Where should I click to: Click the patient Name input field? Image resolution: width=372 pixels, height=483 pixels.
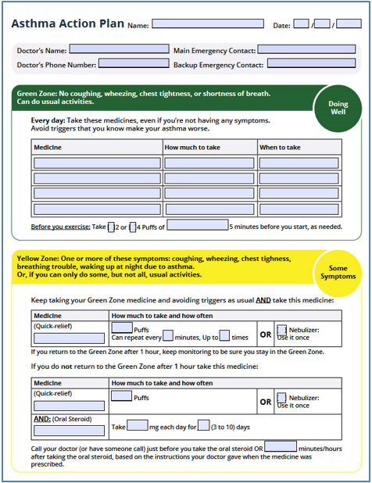pos(208,23)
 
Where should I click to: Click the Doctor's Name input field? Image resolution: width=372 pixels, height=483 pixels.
pos(119,48)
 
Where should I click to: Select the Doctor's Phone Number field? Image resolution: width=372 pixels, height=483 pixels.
pos(134,63)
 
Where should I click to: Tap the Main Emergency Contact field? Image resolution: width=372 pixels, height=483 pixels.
pos(306,49)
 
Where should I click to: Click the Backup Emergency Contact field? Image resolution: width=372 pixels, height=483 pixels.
pos(311,63)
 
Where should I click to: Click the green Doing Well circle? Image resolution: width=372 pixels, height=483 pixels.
pos(338,108)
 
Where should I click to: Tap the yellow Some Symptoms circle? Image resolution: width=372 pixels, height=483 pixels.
pos(338,273)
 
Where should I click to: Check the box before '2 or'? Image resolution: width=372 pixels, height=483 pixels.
pos(111,227)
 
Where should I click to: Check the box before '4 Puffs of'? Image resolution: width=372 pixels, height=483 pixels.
pos(133,227)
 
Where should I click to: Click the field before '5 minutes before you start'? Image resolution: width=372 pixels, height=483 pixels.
pos(198,224)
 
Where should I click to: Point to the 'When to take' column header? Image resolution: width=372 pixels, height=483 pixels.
pos(280,148)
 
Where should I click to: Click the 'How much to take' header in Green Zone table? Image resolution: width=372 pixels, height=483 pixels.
pos(192,148)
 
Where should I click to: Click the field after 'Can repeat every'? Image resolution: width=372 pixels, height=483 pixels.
pos(168,335)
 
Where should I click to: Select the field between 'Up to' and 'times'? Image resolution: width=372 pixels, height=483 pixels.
pos(224,335)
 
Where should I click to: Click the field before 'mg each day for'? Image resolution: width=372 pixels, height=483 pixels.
pos(138,425)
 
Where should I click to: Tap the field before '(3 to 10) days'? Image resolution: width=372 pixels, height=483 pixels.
pos(203,425)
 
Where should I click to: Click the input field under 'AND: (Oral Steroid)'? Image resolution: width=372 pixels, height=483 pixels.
pos(69,431)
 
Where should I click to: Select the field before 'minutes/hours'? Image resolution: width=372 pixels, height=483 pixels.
pos(281,446)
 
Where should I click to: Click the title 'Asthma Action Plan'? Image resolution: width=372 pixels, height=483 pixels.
pos(68,23)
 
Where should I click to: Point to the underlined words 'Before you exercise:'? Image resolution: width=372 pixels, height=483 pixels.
pos(61,227)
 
